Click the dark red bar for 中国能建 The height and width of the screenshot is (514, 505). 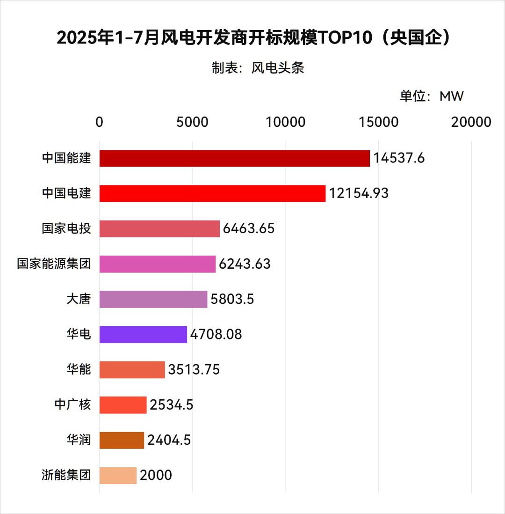[234, 158]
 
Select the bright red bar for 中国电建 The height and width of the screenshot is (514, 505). [212, 193]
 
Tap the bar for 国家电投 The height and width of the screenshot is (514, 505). [159, 228]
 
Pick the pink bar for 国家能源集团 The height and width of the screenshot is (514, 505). [158, 264]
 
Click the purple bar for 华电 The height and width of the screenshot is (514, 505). [143, 334]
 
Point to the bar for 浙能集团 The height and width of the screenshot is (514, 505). [118, 476]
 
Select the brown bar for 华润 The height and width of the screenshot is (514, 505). [122, 440]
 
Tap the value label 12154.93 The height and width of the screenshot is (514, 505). [359, 193]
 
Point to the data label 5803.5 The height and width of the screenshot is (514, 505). [232, 299]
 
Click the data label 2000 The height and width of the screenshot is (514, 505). [156, 476]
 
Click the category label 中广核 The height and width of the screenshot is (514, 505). [72, 405]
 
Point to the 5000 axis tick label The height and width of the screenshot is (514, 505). [192, 122]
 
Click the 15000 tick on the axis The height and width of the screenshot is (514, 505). [378, 122]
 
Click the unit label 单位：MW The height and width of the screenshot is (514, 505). [431, 96]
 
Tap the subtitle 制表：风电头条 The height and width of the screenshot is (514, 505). [258, 68]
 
